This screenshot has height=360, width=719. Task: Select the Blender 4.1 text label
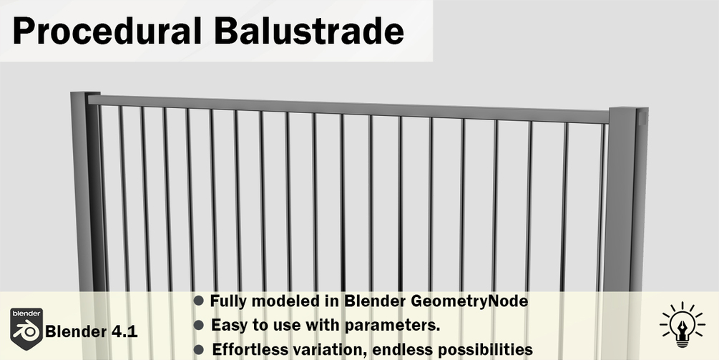(x=92, y=331)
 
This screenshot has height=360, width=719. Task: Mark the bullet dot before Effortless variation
(x=199, y=349)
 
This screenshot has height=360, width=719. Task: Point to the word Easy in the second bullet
(x=228, y=326)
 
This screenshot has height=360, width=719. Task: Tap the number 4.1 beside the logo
(x=123, y=331)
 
